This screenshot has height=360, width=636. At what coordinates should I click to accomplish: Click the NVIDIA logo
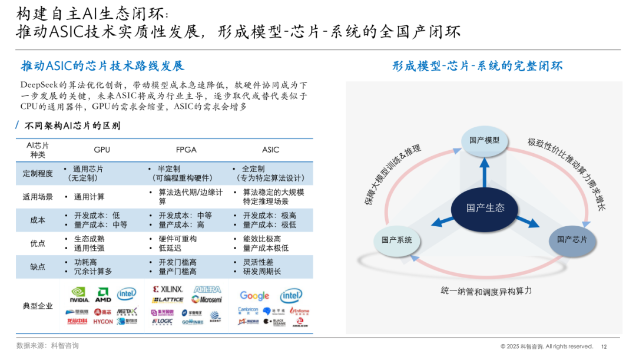coord(79,294)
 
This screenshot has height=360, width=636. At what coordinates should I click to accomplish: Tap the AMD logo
coord(104,295)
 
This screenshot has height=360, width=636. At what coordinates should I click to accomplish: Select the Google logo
coord(254,296)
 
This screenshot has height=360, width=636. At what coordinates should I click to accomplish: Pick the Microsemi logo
coord(207,299)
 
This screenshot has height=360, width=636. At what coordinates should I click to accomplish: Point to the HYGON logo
coord(103,322)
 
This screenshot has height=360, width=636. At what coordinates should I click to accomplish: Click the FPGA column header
coord(186,150)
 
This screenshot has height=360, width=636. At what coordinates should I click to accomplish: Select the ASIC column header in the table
coord(270,150)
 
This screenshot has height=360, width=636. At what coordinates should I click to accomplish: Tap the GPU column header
coord(102,150)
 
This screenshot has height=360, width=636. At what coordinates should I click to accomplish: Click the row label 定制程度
coord(38,173)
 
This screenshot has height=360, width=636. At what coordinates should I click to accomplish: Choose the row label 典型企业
coord(38,306)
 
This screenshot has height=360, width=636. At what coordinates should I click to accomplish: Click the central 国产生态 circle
coord(485,208)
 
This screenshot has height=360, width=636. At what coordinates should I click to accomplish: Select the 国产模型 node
coord(484,140)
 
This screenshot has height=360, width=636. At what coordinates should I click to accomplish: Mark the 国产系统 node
coord(397,240)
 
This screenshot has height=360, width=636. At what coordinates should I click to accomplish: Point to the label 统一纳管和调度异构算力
coord(486,291)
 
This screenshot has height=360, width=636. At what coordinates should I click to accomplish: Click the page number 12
coord(604,346)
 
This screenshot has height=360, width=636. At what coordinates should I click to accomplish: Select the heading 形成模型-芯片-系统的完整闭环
coord(478,66)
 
